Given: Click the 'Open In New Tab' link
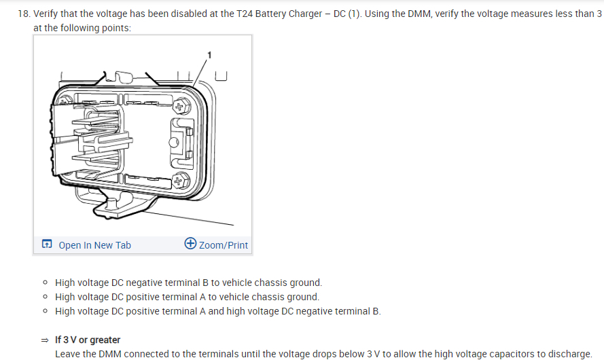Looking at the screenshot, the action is (x=94, y=245).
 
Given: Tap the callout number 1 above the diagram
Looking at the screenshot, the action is (x=210, y=54).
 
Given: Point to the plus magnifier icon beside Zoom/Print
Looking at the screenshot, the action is (x=190, y=245).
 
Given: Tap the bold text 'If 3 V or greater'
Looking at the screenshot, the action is (x=88, y=340).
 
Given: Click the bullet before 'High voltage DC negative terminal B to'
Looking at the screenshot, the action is (x=45, y=283).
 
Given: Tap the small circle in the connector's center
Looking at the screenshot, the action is (x=174, y=143).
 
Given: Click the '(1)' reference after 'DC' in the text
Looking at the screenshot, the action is (x=353, y=14).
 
